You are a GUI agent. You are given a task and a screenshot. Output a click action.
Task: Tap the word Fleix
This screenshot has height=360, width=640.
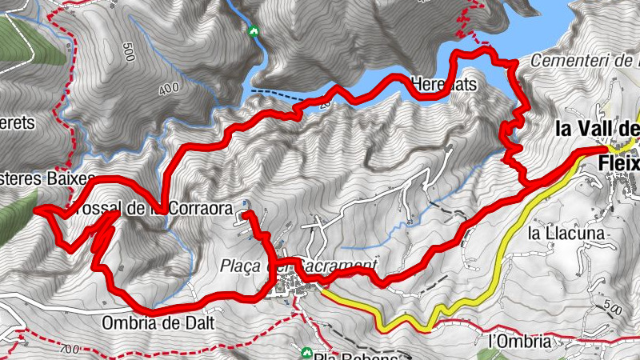pos(620,164)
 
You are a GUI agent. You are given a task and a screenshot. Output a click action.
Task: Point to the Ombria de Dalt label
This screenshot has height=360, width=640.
pos(147,323)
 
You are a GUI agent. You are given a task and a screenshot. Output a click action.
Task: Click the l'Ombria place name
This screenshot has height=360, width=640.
pos(520,341)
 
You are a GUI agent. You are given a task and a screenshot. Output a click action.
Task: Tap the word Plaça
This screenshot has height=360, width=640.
pos(247,266)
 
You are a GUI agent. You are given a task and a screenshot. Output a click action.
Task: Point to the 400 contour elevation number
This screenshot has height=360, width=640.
pos(169,90)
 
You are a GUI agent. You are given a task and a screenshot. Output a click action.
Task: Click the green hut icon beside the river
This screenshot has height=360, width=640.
pos(254,31)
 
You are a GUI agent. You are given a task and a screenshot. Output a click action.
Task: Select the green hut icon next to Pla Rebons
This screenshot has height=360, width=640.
pos(306,352)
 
